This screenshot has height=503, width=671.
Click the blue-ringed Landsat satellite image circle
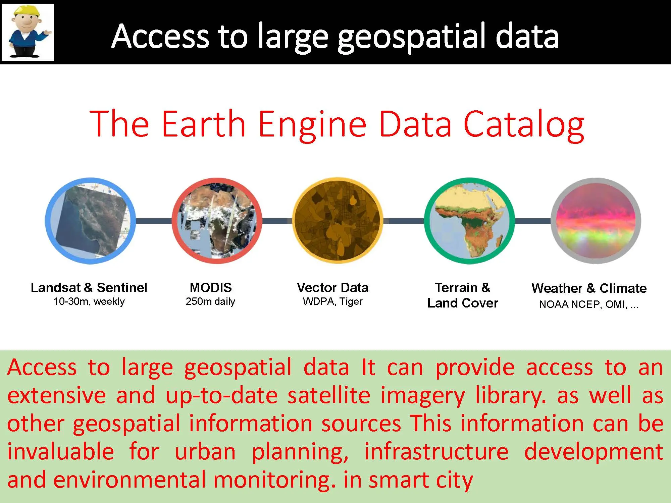(90, 221)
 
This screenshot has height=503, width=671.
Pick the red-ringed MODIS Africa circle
(217, 221)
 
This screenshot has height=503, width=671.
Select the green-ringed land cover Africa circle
(469, 221)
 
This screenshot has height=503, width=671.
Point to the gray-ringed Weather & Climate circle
(596, 221)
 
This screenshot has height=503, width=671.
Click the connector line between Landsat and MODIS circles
(154, 221)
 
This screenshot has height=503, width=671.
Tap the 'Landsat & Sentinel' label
(89, 288)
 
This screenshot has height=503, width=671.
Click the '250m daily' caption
(210, 301)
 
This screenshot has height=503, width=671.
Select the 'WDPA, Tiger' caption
(332, 301)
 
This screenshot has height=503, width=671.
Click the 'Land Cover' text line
(462, 303)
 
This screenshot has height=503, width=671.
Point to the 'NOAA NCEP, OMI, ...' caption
(589, 304)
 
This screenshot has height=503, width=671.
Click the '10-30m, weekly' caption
(89, 301)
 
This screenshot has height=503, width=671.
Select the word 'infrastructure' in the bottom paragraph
(436, 451)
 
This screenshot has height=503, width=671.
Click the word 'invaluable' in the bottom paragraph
(60, 451)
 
